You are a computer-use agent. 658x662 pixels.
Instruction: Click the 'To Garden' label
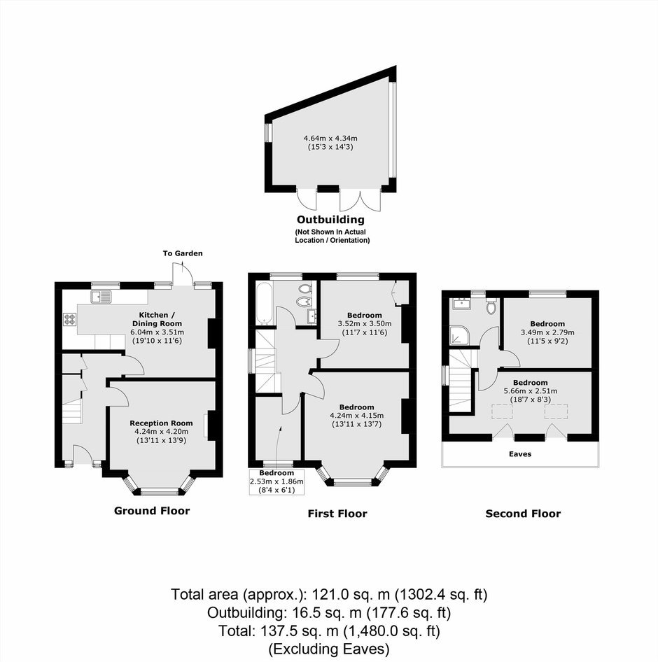pos(183,253)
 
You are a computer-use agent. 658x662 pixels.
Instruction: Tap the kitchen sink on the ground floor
pos(100,297)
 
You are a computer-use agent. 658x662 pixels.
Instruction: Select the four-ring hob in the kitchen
pos(70,319)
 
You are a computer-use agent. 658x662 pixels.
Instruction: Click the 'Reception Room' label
pos(161,423)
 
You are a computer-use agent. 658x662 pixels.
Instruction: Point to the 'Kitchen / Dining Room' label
pos(157,319)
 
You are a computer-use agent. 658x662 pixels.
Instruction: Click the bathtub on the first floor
pos(264,303)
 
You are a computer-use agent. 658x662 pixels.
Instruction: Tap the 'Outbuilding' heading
pos(330,220)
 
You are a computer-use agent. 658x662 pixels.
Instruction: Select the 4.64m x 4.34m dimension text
pos(330,138)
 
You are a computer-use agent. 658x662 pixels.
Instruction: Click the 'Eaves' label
pos(520,454)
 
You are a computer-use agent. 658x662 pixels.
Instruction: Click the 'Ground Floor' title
pos(152,511)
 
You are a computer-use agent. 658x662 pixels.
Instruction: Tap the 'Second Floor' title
pos(524,514)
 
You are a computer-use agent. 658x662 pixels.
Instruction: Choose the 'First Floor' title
pos(337,514)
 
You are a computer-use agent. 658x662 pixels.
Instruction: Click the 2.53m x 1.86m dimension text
pos(276,481)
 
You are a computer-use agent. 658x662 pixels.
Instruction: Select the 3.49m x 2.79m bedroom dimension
pos(548,332)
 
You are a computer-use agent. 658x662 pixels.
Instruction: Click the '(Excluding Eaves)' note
pos(329,649)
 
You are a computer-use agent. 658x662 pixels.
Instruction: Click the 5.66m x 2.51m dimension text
pos(531,391)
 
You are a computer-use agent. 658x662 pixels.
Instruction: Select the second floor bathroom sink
pos(461,304)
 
